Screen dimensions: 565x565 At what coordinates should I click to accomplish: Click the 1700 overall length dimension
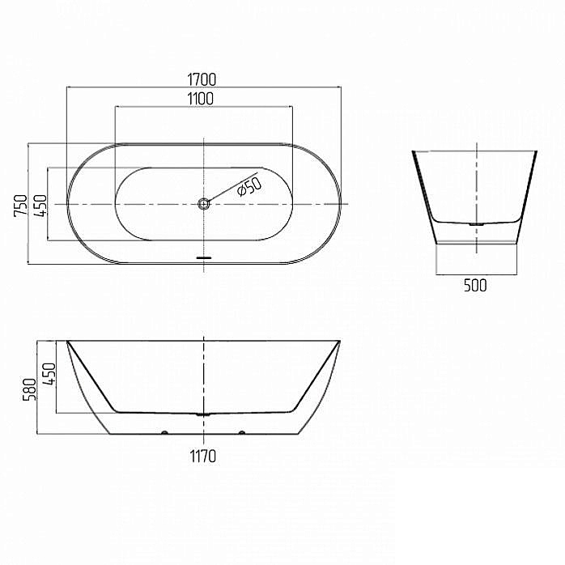click(x=202, y=79)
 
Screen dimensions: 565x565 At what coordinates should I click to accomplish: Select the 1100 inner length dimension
click(x=201, y=99)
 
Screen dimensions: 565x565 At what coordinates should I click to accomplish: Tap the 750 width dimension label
click(x=20, y=206)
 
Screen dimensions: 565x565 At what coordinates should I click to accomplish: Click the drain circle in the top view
click(x=204, y=204)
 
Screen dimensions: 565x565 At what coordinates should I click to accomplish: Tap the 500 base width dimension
click(x=475, y=286)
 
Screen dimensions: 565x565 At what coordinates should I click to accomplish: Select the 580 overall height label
click(x=30, y=389)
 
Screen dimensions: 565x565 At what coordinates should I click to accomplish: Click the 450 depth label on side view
click(x=49, y=374)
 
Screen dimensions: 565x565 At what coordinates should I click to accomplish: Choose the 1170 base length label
click(x=203, y=457)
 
